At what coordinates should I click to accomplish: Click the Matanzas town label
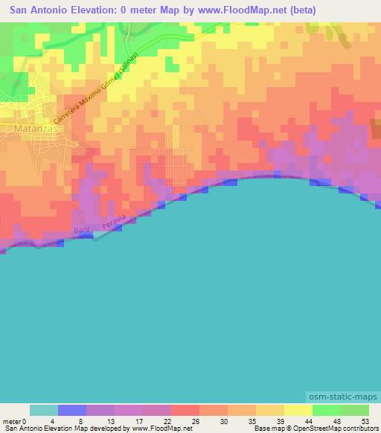tap(30, 128)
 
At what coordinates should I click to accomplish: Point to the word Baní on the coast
tap(82, 231)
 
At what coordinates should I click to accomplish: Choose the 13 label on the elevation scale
tap(110, 421)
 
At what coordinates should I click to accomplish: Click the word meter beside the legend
tap(12, 421)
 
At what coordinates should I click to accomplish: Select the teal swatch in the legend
tap(44, 410)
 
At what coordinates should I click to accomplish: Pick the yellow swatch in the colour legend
tap(298, 410)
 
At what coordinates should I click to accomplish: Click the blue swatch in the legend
tap(72, 410)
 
